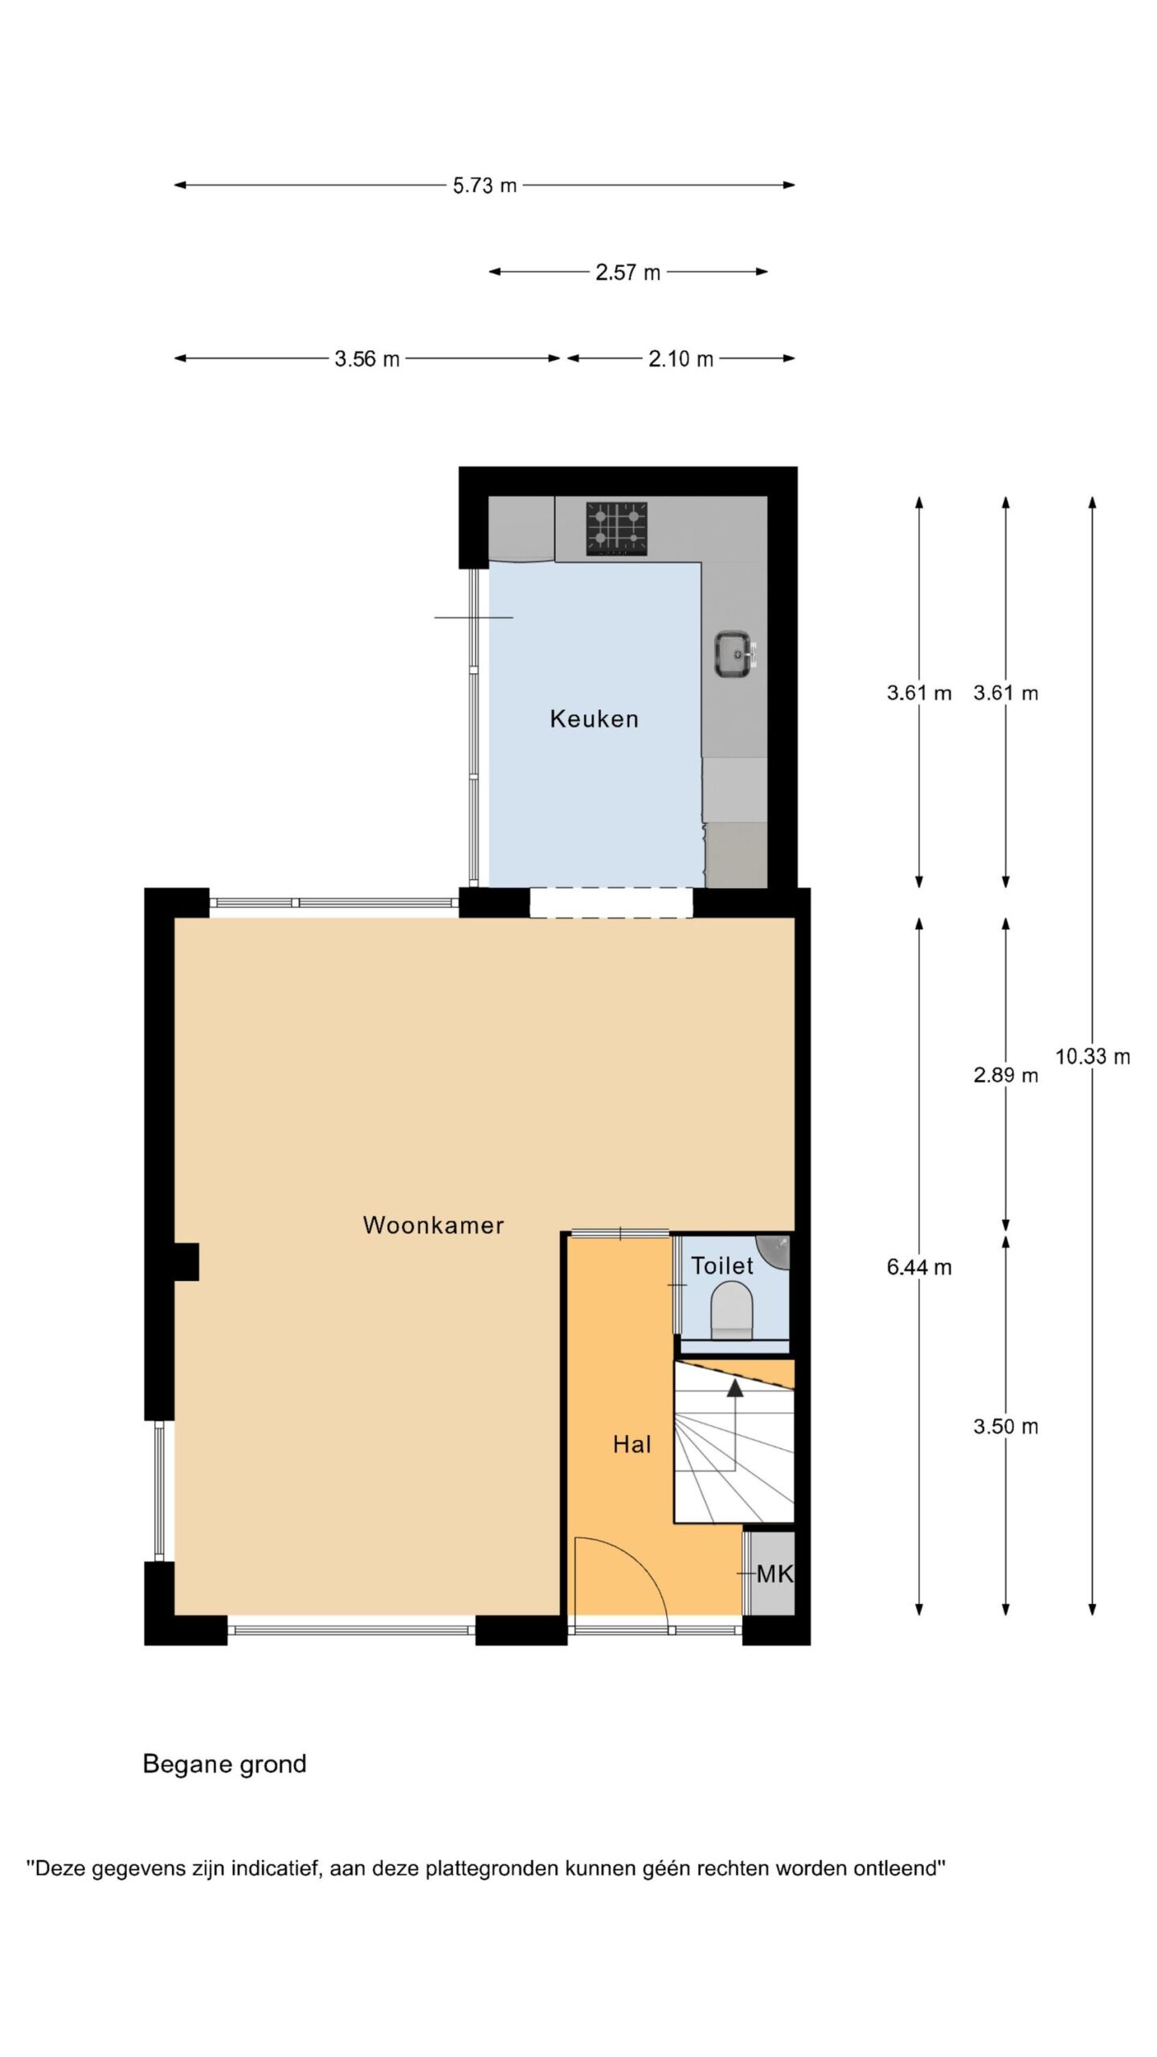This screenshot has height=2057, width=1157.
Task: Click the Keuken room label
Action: click(x=594, y=718)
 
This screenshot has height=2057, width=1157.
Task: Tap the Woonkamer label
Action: click(x=433, y=1225)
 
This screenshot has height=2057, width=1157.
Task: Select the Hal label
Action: click(x=632, y=1445)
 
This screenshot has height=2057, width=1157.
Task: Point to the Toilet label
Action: click(x=722, y=1266)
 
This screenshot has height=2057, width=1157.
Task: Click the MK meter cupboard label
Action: click(x=775, y=1574)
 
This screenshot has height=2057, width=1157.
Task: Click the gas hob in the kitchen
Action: click(x=617, y=528)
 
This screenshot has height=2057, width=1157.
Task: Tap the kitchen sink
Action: click(x=734, y=653)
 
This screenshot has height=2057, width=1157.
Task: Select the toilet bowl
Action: click(x=732, y=1311)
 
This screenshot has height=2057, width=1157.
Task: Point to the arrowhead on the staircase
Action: click(x=734, y=1388)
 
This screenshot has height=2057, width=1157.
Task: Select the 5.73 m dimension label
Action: click(x=484, y=186)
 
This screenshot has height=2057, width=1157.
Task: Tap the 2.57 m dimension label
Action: click(x=628, y=272)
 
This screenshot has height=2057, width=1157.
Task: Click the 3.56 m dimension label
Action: click(x=367, y=359)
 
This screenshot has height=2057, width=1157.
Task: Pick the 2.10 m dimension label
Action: click(x=681, y=359)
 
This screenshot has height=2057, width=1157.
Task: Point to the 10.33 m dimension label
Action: click(x=1092, y=1057)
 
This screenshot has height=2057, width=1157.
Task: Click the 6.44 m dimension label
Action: click(x=919, y=1267)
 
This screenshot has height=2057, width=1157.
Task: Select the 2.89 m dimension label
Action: click(x=1006, y=1074)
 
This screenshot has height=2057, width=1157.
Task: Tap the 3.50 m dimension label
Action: click(x=1006, y=1426)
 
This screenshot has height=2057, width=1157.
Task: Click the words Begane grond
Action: click(x=225, y=1765)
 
